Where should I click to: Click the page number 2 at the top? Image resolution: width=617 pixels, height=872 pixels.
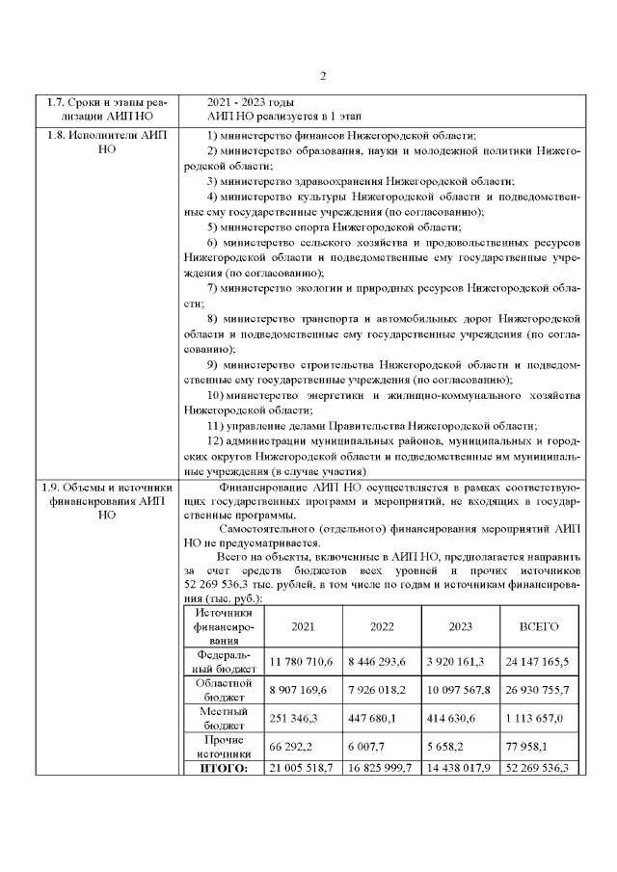pos(324,76)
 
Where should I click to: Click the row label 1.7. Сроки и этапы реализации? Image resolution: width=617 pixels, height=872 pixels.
pos(107,109)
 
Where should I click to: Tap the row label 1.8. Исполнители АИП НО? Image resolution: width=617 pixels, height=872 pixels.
pos(107,143)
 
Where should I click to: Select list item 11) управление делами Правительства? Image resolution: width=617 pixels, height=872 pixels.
pos(371,426)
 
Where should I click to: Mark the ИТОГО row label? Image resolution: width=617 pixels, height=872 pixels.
pos(223,768)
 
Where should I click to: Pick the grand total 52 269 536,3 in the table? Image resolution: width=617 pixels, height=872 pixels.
pos(539,768)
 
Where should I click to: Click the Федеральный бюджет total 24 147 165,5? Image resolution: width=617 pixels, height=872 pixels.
pos(539,662)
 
